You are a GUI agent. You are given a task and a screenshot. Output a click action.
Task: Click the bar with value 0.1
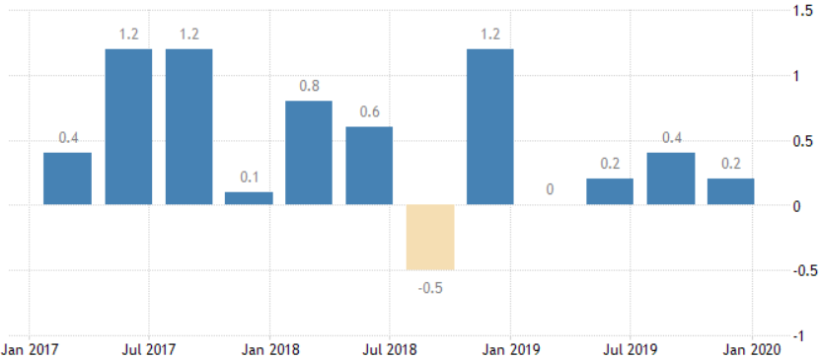tap(249, 198)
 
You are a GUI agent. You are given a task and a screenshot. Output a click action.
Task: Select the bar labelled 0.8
tap(309, 152)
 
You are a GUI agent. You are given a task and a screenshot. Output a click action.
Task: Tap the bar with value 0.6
tap(369, 166)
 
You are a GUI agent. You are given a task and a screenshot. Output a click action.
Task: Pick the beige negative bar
tap(430, 238)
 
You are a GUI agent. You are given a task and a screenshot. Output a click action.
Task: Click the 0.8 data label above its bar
tap(309, 86)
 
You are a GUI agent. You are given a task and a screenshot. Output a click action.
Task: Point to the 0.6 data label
tap(369, 112)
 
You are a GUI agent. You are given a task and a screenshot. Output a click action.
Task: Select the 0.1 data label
tap(249, 178)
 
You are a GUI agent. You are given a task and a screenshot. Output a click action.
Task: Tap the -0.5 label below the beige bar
tap(430, 287)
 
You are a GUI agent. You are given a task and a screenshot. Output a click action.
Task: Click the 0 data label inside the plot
tap(550, 190)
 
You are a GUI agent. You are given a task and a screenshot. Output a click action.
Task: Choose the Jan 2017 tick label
tap(29, 348)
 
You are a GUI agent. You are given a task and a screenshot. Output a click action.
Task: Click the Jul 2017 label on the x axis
tap(149, 348)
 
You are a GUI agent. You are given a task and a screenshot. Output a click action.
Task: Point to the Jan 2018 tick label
tap(269, 348)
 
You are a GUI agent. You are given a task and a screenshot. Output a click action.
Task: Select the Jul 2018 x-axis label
tap(390, 348)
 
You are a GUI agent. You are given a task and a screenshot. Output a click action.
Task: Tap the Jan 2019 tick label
tap(510, 348)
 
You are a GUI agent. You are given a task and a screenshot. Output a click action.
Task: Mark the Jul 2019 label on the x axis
tap(631, 348)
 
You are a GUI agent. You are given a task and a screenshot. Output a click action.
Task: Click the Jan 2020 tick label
tap(752, 348)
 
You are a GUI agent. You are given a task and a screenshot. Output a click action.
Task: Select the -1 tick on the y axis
tap(797, 337)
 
